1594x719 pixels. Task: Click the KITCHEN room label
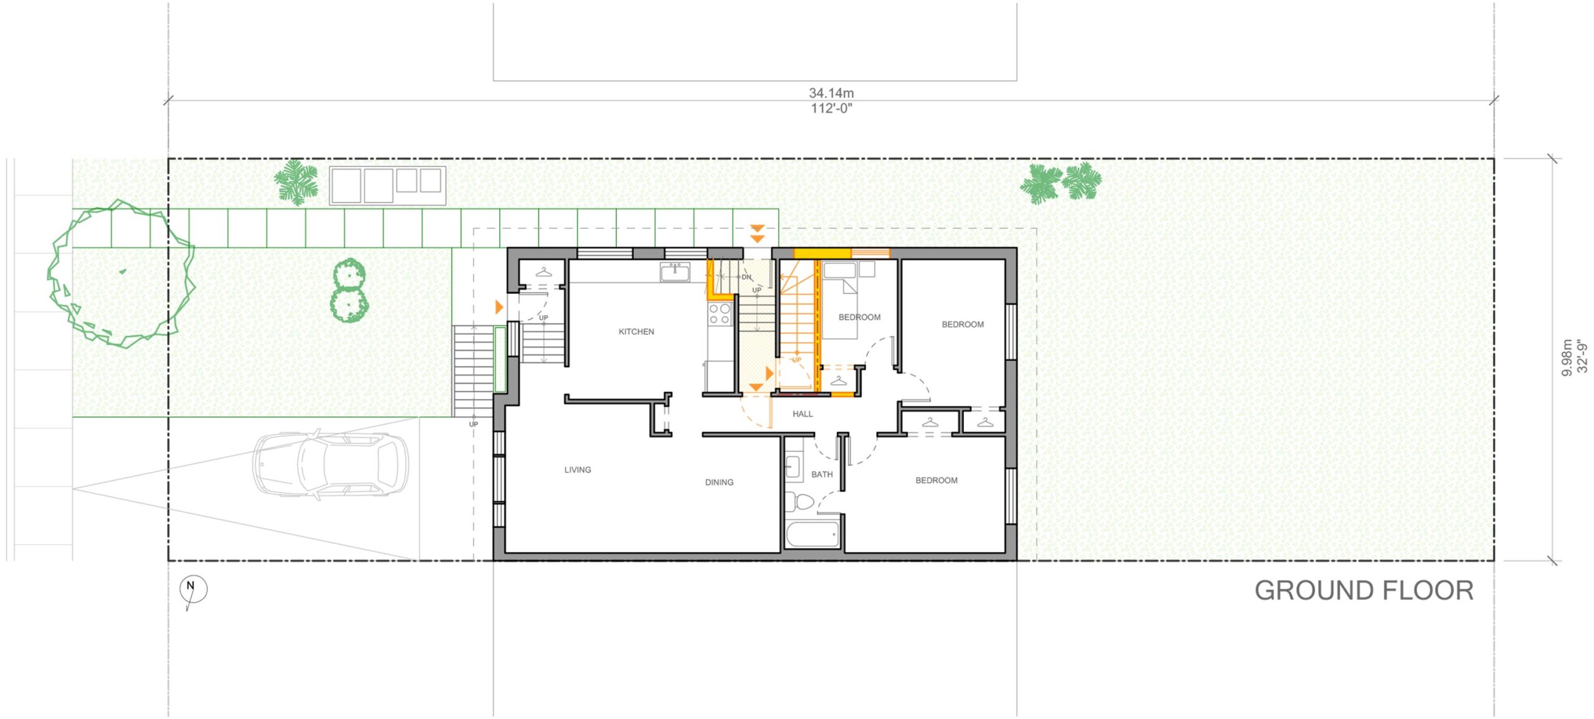point(636,332)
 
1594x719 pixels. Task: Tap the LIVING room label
point(577,470)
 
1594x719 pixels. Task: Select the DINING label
point(719,482)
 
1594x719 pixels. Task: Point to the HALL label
point(802,414)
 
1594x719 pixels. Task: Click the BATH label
point(821,474)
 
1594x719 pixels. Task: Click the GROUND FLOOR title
point(1363,591)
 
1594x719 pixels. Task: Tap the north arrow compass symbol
point(193,589)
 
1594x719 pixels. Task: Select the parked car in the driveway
point(330,464)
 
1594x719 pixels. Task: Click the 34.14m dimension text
point(831,93)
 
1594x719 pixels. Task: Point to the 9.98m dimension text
point(1567,357)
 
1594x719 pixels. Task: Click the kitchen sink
point(675,271)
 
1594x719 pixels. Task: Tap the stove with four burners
point(720,314)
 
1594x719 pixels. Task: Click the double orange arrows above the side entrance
point(757,233)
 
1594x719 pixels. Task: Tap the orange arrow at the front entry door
point(499,307)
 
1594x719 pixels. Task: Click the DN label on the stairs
point(747,277)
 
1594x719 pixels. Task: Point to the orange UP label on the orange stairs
point(796,360)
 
